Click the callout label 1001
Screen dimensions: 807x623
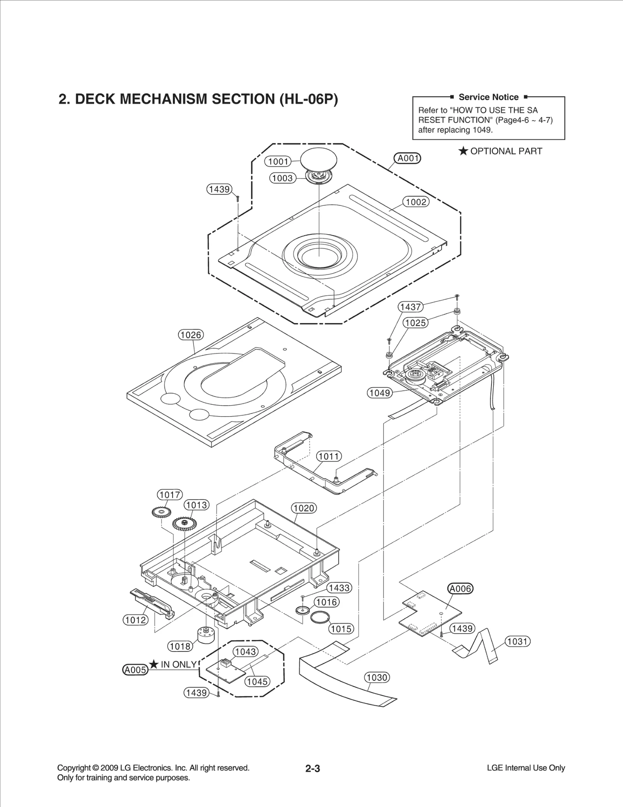point(278,161)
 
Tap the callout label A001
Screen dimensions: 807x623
point(407,158)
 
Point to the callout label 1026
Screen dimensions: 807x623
point(191,335)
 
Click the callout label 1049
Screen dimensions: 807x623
point(380,393)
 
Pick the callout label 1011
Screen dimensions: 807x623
point(329,456)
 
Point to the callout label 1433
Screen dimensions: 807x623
point(339,588)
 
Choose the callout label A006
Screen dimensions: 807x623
point(460,588)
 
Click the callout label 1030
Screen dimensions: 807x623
point(377,677)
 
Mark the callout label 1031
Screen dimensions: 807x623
point(517,641)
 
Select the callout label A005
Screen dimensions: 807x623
point(135,670)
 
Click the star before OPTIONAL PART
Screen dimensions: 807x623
point(463,151)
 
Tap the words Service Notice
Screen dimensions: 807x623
point(488,97)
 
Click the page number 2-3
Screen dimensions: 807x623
point(312,769)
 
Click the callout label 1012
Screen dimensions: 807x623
point(136,620)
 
